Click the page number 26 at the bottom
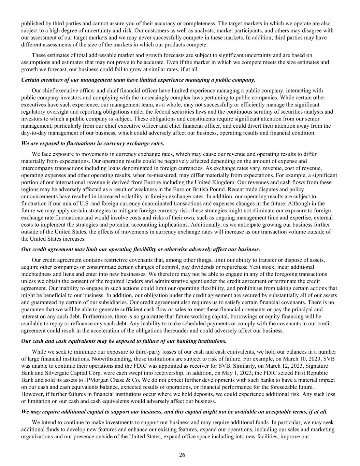coord(182,455)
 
